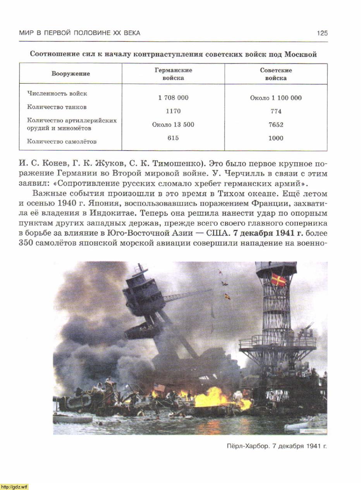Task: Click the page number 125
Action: point(322,33)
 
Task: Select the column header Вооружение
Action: point(71,74)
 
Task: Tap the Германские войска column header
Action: point(173,74)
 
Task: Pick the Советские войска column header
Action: point(276,74)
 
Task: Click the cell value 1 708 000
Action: point(173,98)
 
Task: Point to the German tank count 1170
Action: point(173,111)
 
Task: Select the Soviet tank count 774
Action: point(276,111)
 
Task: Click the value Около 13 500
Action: point(173,125)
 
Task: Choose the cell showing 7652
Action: point(276,125)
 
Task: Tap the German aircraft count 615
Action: point(173,138)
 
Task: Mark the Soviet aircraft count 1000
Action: point(276,138)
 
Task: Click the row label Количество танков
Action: point(57,107)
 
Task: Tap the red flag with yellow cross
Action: point(278,279)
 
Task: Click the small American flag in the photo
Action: point(159,387)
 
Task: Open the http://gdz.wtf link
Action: point(14,487)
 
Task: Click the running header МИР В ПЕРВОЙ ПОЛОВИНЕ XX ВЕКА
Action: point(80,33)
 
